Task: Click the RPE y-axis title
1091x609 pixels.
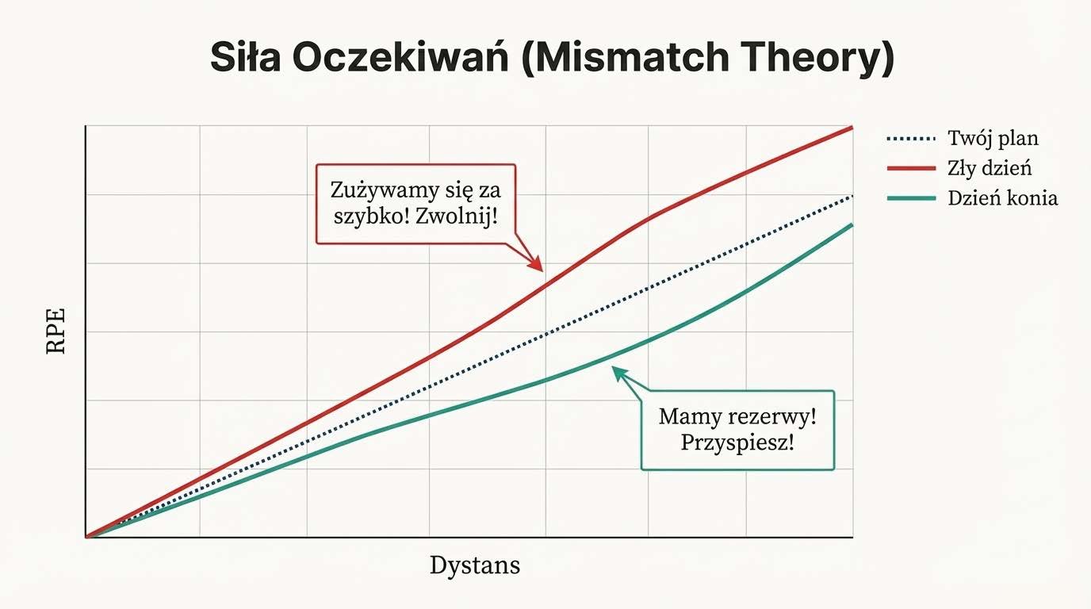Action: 56,331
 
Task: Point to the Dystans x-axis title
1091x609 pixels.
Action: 475,565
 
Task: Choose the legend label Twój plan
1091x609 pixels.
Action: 993,138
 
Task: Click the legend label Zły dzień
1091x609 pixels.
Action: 990,168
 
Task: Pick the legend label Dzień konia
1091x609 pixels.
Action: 1002,198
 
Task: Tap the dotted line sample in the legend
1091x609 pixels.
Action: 910,139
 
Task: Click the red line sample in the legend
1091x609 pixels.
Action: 910,168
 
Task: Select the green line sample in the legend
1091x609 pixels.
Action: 910,198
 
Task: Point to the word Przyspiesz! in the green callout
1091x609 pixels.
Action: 737,442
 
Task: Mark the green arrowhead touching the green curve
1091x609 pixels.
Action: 618,371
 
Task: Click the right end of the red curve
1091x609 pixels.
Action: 851,128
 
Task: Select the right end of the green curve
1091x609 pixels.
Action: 851,225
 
